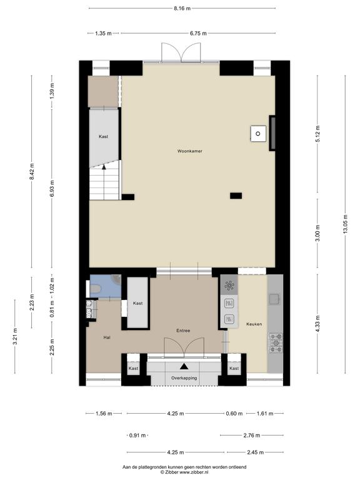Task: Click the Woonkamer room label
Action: [190, 151]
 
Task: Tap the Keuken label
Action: [254, 324]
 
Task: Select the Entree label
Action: [183, 331]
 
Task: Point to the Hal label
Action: [107, 337]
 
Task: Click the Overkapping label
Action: [184, 378]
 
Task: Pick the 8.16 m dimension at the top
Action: [182, 8]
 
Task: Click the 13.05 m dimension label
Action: [345, 225]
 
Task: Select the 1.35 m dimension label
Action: [103, 33]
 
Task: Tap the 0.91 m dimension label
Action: [137, 435]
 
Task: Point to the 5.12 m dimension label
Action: [317, 134]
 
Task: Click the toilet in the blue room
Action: [96, 289]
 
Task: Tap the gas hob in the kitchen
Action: [276, 342]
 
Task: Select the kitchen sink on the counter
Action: [274, 299]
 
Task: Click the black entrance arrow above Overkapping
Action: [184, 366]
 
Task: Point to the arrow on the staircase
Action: [104, 167]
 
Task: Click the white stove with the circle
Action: [258, 134]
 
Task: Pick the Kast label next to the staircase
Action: [104, 136]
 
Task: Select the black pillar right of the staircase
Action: [128, 197]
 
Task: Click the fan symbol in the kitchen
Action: [229, 285]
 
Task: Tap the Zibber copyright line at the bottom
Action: [184, 472]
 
